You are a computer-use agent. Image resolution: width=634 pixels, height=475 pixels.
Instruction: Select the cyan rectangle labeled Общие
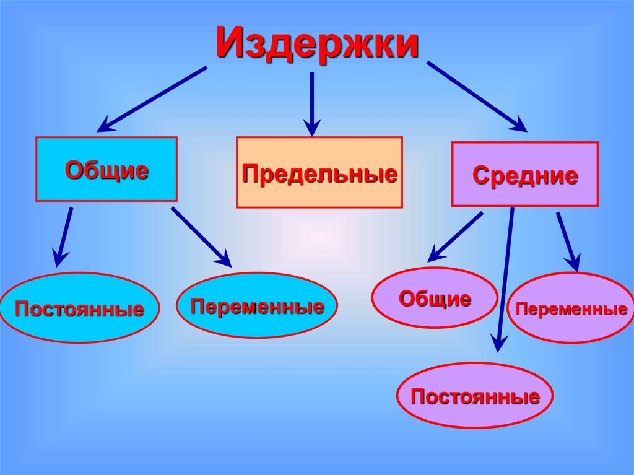point(106,169)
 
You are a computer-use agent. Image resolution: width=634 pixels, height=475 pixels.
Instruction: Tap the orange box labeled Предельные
point(319,172)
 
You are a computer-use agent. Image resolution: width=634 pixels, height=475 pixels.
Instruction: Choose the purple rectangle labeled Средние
point(525,174)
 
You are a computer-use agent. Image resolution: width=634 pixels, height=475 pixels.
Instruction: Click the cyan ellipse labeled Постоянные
point(79,308)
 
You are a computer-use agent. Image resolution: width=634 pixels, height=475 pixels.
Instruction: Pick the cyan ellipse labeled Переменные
point(257,305)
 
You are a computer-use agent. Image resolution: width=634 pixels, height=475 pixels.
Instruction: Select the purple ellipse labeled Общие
point(435,298)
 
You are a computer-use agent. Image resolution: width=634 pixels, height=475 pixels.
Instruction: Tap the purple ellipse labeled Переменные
point(571,308)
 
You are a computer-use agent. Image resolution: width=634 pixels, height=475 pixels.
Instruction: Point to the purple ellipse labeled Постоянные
point(475,395)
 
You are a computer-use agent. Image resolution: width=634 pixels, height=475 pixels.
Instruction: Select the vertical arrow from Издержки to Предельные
point(312,102)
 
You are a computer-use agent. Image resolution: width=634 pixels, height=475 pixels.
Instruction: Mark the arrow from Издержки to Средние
point(477,97)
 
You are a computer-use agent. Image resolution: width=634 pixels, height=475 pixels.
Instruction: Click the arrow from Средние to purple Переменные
point(568,242)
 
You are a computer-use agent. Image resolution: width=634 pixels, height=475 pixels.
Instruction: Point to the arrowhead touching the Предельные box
point(312,128)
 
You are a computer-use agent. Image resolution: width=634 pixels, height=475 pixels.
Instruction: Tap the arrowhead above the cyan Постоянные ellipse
point(59,256)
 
